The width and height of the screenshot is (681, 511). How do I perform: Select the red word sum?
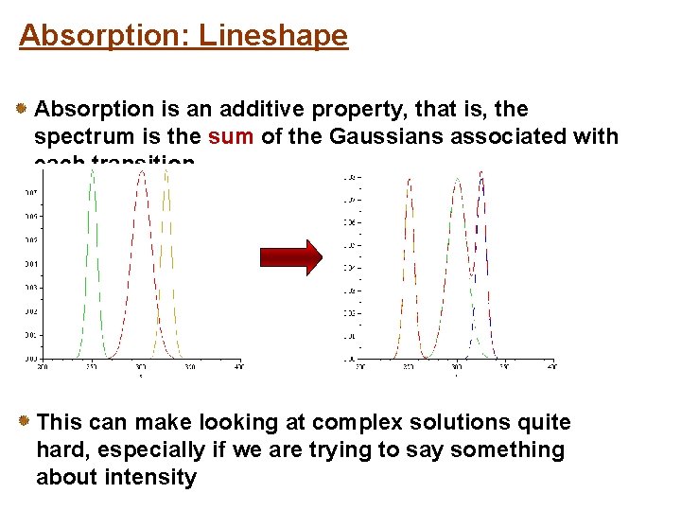(231, 136)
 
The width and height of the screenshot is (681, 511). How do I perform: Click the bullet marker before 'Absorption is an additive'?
(21, 110)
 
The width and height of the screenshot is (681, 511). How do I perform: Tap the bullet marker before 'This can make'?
(23, 422)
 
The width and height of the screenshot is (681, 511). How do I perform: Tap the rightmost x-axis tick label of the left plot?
(239, 366)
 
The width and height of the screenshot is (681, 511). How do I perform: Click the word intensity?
(151, 477)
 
